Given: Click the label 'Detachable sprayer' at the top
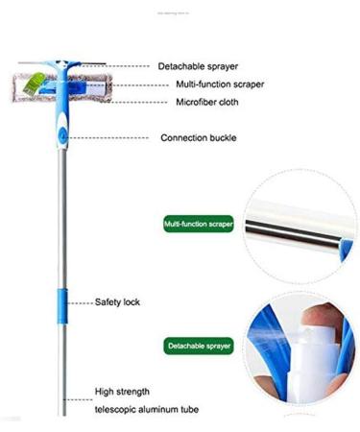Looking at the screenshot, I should [199, 66].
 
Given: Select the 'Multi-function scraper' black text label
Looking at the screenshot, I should [220, 84].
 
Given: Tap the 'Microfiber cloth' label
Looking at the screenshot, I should [206, 102].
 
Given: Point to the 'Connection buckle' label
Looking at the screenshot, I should [199, 138].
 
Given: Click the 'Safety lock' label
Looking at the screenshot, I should [117, 301].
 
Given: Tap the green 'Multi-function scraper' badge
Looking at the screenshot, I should [199, 224].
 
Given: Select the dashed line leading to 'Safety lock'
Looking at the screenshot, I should [82, 301].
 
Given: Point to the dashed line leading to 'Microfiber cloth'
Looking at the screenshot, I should [143, 101].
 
